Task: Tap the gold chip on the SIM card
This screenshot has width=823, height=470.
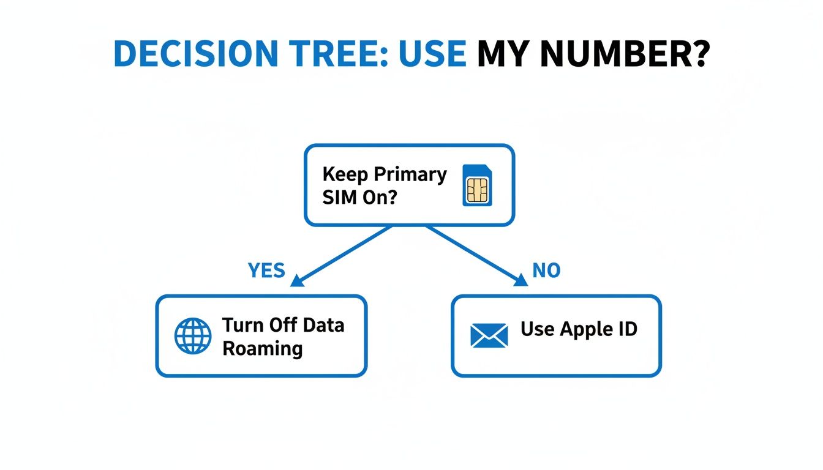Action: pos(478,190)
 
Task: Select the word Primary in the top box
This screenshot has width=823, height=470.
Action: pos(410,175)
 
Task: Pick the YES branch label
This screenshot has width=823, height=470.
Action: pos(266,270)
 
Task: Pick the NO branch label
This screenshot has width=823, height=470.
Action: pos(546,270)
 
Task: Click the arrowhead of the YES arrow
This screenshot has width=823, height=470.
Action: pos(298,281)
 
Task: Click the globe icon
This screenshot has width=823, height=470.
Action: pos(192,336)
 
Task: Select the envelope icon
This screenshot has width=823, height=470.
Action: pos(489,336)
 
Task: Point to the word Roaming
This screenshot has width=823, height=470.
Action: pos(262,349)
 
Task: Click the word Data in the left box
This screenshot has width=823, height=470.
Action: pos(323,325)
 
